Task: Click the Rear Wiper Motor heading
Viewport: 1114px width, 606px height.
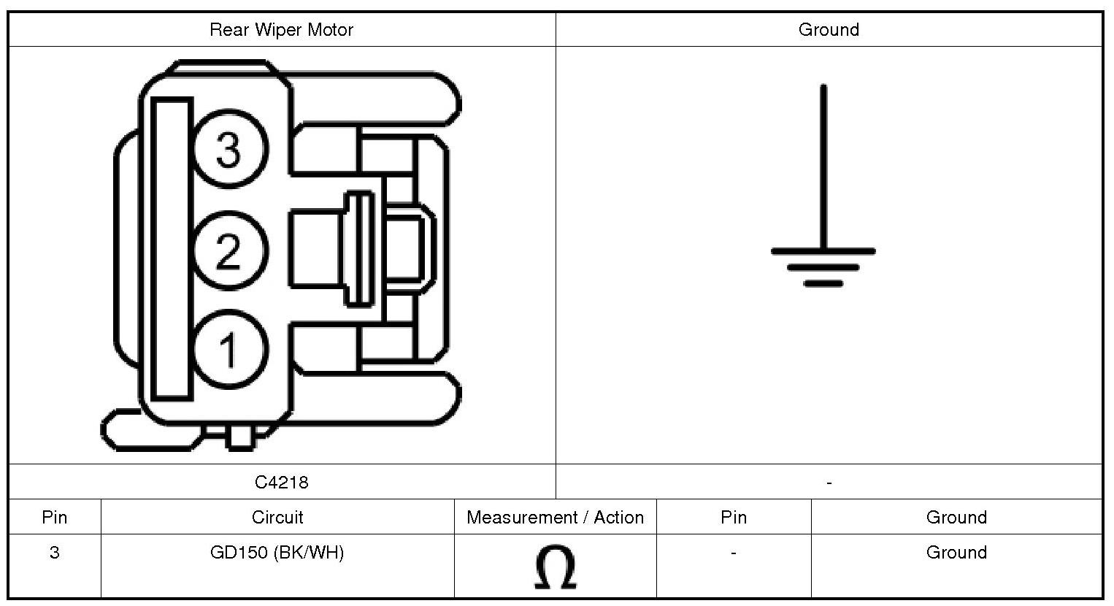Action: click(281, 30)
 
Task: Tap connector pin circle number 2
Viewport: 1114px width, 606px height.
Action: click(229, 250)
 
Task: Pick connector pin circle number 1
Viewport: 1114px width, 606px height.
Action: click(229, 349)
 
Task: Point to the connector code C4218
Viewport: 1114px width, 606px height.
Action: click(281, 483)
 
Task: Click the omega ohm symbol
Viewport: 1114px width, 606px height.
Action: click(555, 567)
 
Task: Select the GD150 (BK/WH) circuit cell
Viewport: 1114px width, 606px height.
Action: click(277, 553)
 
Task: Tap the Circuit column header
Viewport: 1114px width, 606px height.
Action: click(277, 518)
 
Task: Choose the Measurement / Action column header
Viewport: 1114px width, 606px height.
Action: click(555, 518)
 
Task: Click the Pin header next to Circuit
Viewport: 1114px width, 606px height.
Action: click(55, 518)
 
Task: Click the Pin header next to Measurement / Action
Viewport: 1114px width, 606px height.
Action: click(734, 518)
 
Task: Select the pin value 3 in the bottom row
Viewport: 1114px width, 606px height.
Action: click(55, 553)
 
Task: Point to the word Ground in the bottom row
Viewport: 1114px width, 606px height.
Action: click(956, 553)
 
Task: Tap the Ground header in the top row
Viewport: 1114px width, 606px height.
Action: click(829, 30)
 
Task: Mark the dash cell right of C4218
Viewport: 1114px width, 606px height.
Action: click(829, 483)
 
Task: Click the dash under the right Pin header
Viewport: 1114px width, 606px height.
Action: click(734, 553)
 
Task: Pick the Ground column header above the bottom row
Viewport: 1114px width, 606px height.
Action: click(956, 518)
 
